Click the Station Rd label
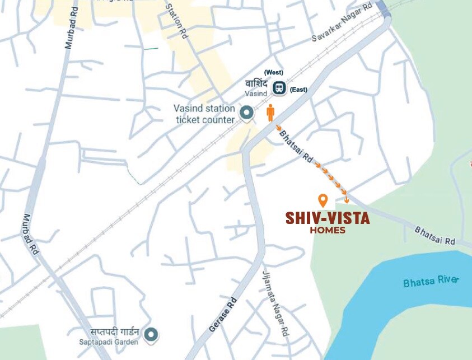[175, 20]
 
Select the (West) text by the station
[274, 73]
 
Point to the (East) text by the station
[298, 90]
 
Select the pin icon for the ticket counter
[246, 114]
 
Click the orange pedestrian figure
[270, 113]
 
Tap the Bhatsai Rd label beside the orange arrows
[296, 147]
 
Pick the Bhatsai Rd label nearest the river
[436, 236]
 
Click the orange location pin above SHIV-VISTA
[323, 200]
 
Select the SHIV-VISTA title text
[328, 218]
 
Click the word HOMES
[328, 230]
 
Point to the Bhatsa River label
[431, 282]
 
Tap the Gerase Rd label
[223, 315]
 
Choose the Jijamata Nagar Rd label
[275, 302]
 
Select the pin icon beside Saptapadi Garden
[151, 335]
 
